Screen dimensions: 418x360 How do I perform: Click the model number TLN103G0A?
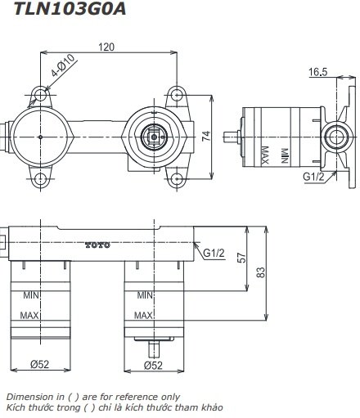click(55, 11)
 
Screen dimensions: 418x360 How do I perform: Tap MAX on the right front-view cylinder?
click(144, 315)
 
